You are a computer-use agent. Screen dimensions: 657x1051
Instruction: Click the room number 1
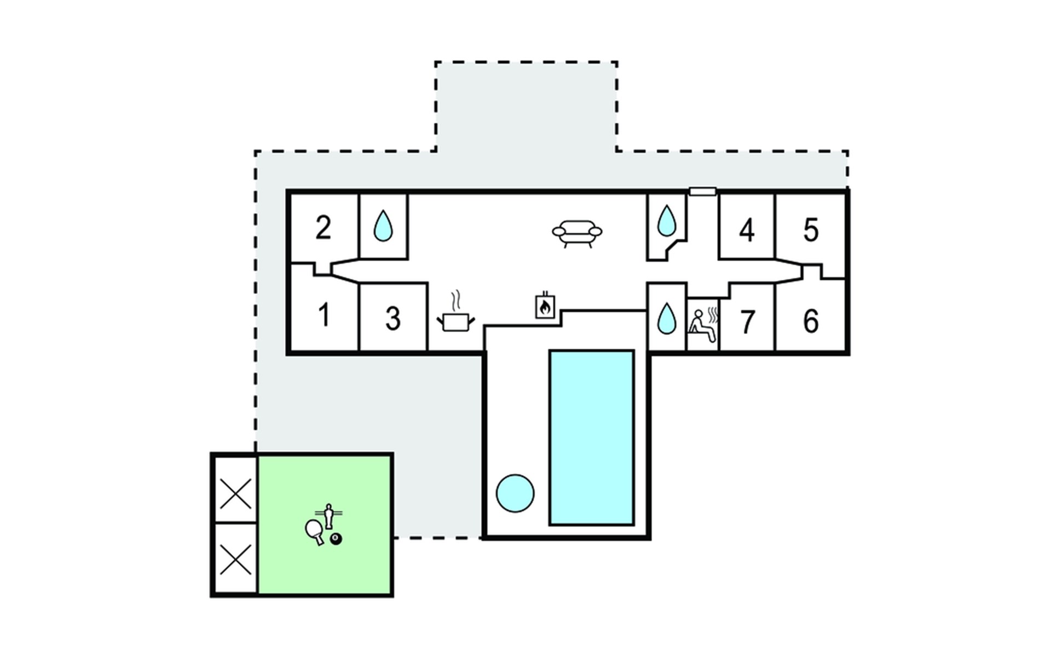(x=324, y=315)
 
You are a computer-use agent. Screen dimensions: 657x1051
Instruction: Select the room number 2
(x=324, y=228)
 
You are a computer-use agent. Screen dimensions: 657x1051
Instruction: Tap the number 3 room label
(x=392, y=319)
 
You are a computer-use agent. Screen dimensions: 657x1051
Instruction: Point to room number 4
(x=747, y=230)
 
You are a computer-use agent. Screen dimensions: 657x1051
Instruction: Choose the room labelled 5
(x=811, y=230)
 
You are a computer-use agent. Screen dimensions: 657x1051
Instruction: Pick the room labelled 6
(x=811, y=321)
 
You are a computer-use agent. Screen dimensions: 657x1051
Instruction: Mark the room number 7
(x=747, y=322)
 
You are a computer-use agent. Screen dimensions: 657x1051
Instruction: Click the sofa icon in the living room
(x=577, y=233)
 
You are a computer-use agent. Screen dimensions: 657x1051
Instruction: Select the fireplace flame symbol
(x=545, y=307)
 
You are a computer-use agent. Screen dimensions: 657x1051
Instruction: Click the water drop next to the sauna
(x=666, y=319)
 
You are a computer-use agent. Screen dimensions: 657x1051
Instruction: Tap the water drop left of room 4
(x=666, y=221)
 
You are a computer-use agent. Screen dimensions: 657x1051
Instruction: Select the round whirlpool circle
(x=515, y=493)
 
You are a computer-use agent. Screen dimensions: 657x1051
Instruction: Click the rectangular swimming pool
(x=592, y=437)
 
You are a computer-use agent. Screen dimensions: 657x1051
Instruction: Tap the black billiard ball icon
(x=336, y=539)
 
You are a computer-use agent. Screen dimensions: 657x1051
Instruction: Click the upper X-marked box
(x=235, y=493)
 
